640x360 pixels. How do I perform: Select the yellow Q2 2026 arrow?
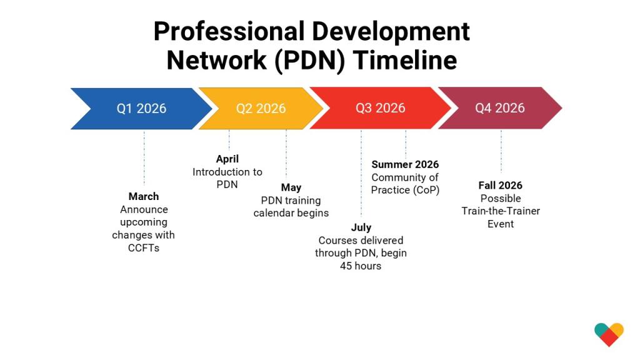point(261,108)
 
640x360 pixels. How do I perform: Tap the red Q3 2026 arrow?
point(380,108)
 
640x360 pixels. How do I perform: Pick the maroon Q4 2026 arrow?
point(499,108)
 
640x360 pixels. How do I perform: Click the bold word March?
point(144,196)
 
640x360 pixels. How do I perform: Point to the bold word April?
point(227,159)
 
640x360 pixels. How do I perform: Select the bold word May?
point(291,187)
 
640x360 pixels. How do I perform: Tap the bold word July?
point(361,227)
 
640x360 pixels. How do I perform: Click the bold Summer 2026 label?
point(405,164)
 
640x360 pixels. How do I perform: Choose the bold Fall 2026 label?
point(500,185)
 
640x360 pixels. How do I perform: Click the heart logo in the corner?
point(609,334)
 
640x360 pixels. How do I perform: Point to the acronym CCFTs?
point(144,248)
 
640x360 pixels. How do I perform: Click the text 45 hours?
point(361,266)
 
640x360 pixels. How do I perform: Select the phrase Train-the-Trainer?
point(501,211)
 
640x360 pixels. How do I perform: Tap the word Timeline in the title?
point(405,61)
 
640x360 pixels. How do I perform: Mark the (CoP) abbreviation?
point(425,190)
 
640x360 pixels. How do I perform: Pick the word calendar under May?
point(272,213)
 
